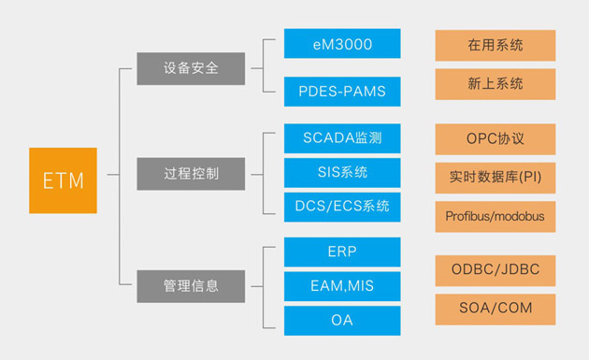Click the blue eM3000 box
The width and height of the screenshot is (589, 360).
click(x=342, y=44)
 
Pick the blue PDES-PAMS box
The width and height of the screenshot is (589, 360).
click(x=342, y=92)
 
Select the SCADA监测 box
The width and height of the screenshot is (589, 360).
click(x=342, y=138)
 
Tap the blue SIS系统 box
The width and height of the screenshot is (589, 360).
click(x=342, y=172)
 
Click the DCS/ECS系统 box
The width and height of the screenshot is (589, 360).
click(x=342, y=206)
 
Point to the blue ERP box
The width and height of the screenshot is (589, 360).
click(x=342, y=252)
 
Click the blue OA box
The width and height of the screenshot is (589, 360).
click(x=342, y=320)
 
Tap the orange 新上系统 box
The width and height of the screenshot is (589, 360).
click(x=495, y=84)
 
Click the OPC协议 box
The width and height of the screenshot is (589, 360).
click(x=495, y=138)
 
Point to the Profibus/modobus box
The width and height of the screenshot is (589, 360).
click(x=495, y=216)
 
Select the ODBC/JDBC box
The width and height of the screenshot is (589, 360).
click(x=495, y=270)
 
